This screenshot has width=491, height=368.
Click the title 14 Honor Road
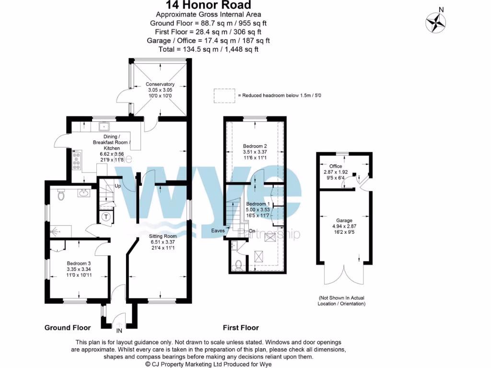coord(209,5)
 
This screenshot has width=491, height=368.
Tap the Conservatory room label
coord(160,84)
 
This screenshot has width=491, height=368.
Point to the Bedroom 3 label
coord(79,263)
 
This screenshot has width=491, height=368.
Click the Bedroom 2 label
coord(255,146)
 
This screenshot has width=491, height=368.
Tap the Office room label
coord(336,166)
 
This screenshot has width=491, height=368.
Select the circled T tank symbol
coord(106,217)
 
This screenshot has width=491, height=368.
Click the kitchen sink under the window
coord(105,126)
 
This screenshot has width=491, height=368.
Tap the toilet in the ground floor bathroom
coord(60,195)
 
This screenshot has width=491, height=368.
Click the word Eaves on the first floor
coord(218,230)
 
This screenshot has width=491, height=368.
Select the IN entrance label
coord(119,330)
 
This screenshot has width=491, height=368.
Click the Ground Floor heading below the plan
coord(68,328)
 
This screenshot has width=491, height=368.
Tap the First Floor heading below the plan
coord(241,328)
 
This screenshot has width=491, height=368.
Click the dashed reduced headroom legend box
coord(224,95)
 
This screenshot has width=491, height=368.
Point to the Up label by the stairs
coord(117,185)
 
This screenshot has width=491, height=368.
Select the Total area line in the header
coord(209,49)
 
